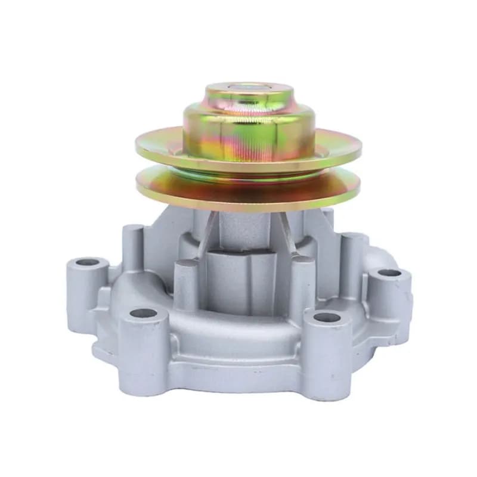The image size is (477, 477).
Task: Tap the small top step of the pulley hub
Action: click(x=250, y=98)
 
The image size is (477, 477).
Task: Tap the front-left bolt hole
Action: click(x=143, y=313)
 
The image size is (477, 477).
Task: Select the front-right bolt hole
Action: click(x=326, y=317)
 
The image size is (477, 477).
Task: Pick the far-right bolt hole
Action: click(x=390, y=273)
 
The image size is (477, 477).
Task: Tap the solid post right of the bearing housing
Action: click(x=301, y=280)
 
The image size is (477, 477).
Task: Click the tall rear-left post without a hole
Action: click(x=133, y=244)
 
